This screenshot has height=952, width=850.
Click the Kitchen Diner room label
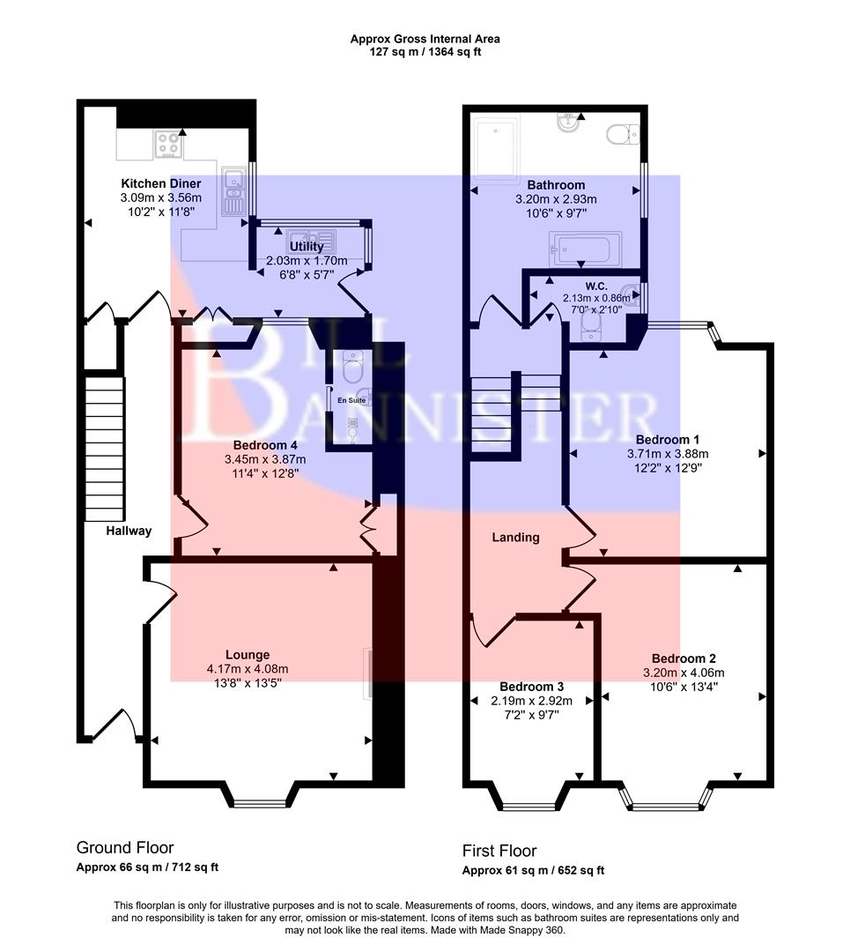(161, 183)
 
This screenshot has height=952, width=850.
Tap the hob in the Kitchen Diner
(169, 144)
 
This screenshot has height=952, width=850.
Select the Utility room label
(307, 247)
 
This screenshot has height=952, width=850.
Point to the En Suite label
(350, 400)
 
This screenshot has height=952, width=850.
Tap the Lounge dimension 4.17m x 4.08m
(247, 669)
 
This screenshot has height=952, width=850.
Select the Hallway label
(129, 531)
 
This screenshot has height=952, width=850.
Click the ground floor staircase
(104, 449)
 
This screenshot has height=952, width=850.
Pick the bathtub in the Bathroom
(585, 248)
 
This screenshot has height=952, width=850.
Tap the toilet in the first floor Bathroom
(623, 134)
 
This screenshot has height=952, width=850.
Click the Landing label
(515, 537)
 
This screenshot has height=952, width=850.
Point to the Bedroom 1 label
(668, 439)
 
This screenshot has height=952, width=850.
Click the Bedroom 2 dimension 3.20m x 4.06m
(684, 673)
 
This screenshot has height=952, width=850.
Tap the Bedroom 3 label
(531, 687)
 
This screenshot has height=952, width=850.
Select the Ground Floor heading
(124, 847)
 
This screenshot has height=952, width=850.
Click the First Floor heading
(499, 851)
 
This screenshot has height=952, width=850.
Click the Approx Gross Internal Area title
(425, 39)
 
